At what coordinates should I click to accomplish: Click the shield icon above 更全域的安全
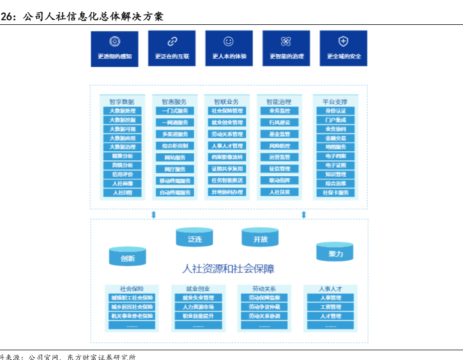click(x=344, y=41)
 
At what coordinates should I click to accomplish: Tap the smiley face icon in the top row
click(x=229, y=41)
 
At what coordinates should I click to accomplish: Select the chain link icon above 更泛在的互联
click(x=172, y=41)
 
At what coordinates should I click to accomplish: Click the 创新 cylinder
click(x=128, y=257)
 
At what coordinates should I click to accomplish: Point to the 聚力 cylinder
click(x=335, y=251)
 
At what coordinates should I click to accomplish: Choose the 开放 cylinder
click(x=260, y=237)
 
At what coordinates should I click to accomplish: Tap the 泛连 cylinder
click(x=195, y=237)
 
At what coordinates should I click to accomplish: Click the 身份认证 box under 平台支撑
click(x=335, y=111)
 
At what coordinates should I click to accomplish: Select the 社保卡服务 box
click(x=335, y=192)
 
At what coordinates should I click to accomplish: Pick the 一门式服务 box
click(x=175, y=111)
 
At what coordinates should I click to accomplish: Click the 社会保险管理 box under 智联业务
click(x=227, y=111)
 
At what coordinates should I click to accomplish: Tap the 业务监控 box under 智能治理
click(x=279, y=111)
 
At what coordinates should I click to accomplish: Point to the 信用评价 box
click(x=123, y=174)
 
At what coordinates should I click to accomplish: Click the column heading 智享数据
click(x=121, y=101)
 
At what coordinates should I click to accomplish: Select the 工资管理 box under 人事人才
click(x=330, y=307)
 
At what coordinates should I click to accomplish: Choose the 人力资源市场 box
click(x=198, y=307)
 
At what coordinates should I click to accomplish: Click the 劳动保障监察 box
click(x=264, y=298)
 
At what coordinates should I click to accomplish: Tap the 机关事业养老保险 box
click(x=132, y=316)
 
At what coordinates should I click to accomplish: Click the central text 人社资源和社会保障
click(x=228, y=269)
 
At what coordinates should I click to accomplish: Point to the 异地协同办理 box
click(x=227, y=192)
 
